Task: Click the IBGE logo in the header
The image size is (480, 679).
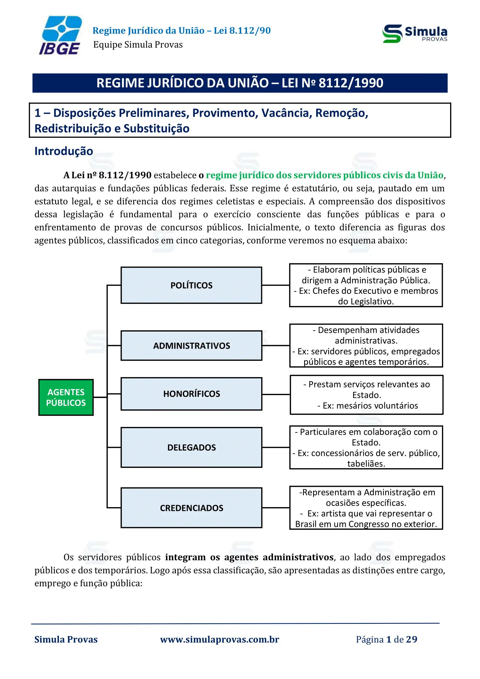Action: pyautogui.click(x=61, y=35)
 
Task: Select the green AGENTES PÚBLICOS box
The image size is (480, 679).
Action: pyautogui.click(x=66, y=397)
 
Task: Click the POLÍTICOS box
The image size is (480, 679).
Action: pyautogui.click(x=191, y=285)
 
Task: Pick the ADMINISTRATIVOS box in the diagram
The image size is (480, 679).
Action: pyautogui.click(x=191, y=345)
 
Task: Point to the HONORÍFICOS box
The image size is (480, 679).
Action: pyautogui.click(x=191, y=394)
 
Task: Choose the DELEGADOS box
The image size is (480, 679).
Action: pyautogui.click(x=191, y=447)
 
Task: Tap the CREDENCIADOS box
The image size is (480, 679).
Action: pyautogui.click(x=191, y=508)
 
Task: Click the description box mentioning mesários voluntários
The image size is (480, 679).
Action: pyautogui.click(x=366, y=395)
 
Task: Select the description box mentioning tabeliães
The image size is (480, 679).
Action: pyautogui.click(x=366, y=447)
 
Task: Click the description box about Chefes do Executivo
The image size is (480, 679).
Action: pyautogui.click(x=366, y=285)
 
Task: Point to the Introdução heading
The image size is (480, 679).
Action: pyautogui.click(x=64, y=151)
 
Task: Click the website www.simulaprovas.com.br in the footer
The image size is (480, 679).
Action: pyautogui.click(x=220, y=639)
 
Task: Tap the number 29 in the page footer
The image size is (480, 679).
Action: pyautogui.click(x=412, y=639)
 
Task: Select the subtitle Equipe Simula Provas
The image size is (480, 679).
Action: pyautogui.click(x=138, y=45)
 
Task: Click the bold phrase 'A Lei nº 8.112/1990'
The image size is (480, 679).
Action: pyautogui.click(x=107, y=175)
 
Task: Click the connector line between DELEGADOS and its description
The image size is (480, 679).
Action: pyautogui.click(x=275, y=447)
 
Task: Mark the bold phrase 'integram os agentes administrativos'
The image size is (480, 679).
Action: pyautogui.click(x=249, y=557)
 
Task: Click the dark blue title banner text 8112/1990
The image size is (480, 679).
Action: pyautogui.click(x=351, y=83)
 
